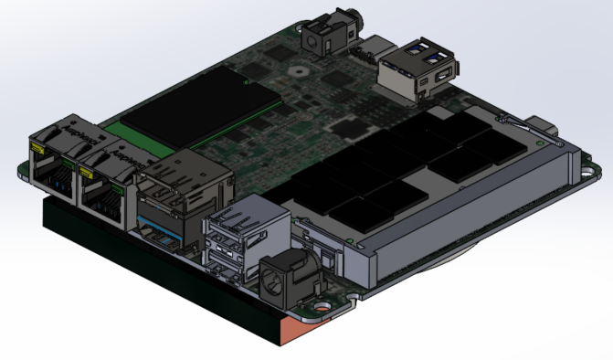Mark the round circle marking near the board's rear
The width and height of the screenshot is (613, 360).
[294, 69]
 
